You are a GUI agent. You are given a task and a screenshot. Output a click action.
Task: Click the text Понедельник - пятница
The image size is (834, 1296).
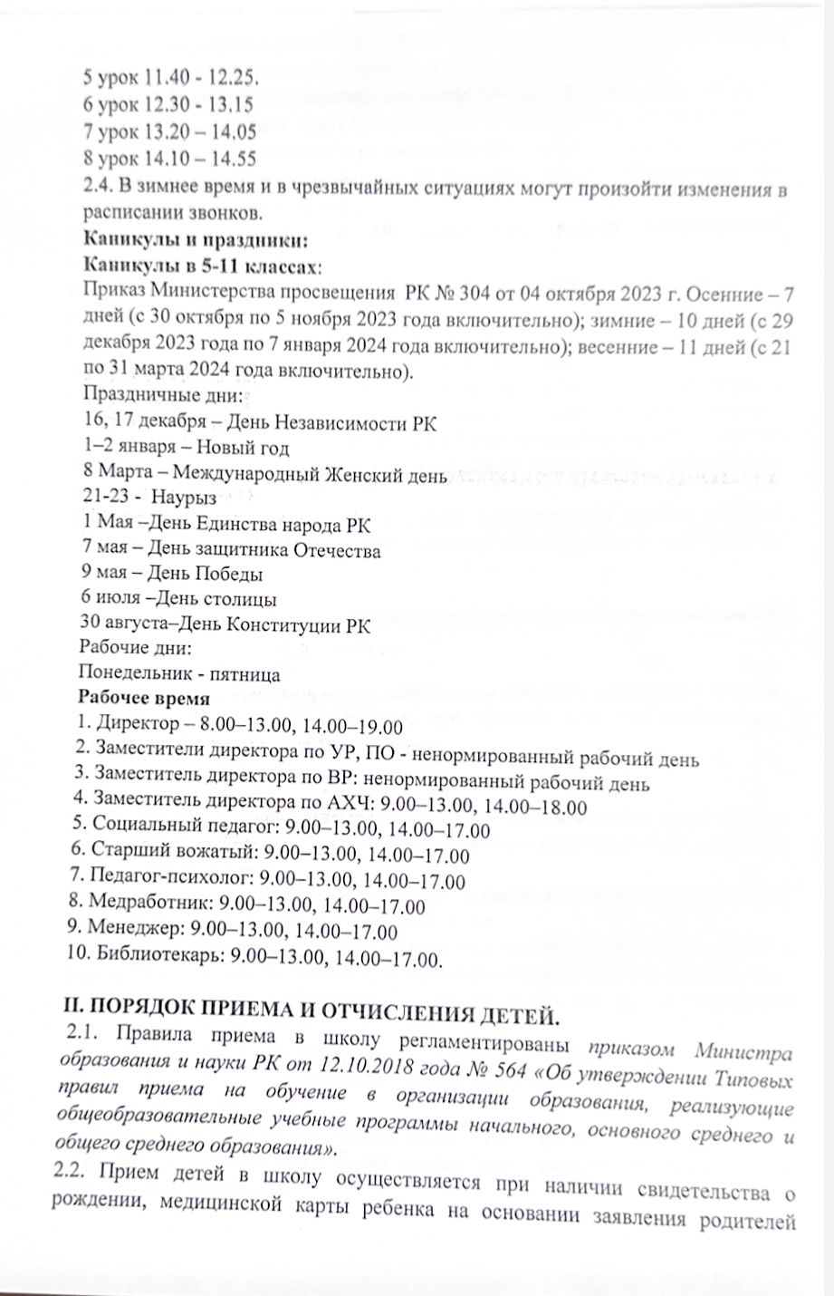(179, 675)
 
